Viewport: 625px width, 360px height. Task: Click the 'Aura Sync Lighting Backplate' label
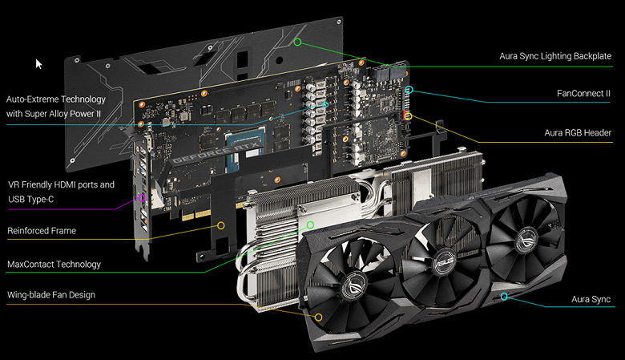(555, 56)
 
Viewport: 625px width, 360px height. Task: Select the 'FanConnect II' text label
(583, 94)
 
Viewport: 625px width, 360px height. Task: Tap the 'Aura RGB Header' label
(578, 133)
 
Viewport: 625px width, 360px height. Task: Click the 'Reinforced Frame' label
(42, 231)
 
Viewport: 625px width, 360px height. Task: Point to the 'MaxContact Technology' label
(54, 265)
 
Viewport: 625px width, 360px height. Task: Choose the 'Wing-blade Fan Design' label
(51, 295)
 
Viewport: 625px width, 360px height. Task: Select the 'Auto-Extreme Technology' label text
(56, 99)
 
